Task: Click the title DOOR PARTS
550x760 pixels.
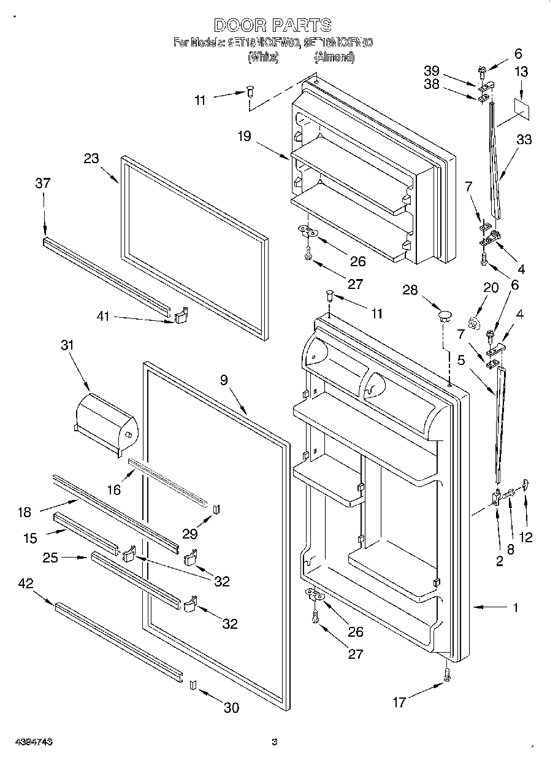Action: point(273,25)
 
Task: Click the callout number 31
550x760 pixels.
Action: point(66,345)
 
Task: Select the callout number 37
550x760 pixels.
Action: point(43,183)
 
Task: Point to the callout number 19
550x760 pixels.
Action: point(245,136)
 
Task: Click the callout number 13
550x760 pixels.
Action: point(521,72)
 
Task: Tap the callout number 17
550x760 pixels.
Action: point(399,702)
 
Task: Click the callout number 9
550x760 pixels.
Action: point(224,380)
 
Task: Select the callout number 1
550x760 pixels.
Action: point(516,608)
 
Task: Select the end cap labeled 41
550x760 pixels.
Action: point(182,316)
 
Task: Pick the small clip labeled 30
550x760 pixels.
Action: point(192,685)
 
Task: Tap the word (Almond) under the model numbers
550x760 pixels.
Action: point(334,58)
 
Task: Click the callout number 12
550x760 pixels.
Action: point(525,538)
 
